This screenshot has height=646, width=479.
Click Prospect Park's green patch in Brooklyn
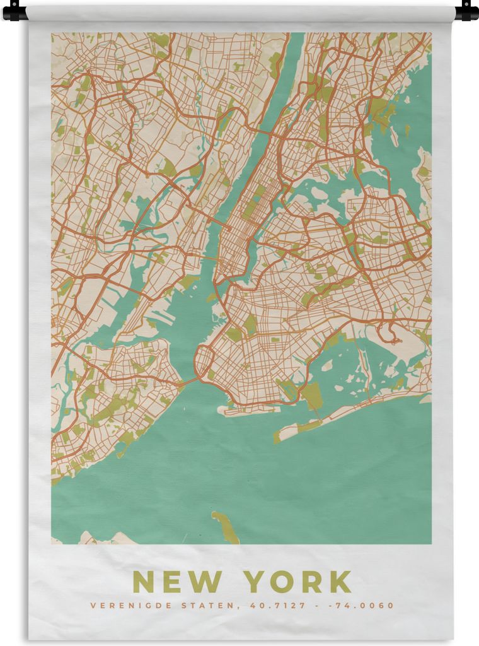pos(250,325)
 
